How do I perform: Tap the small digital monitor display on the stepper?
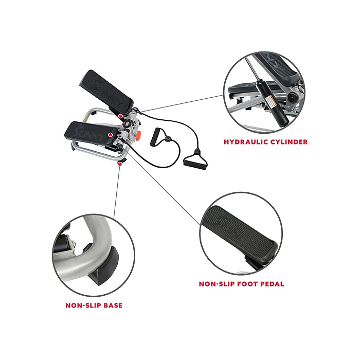pos(127,124)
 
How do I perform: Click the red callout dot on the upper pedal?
pos(120,116)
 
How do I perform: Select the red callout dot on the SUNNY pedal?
pos(110,135)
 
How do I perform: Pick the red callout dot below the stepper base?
pos(120,164)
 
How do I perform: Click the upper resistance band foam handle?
pos(155,137)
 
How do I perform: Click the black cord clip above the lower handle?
pos(196,151)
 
